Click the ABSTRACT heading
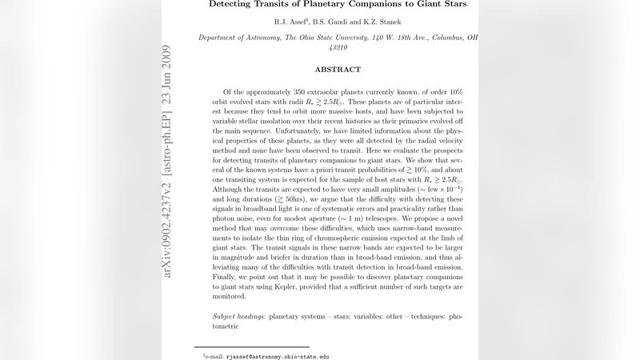[x=338, y=70]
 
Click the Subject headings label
[x=238, y=317]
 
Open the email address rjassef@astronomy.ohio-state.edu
[x=278, y=357]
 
